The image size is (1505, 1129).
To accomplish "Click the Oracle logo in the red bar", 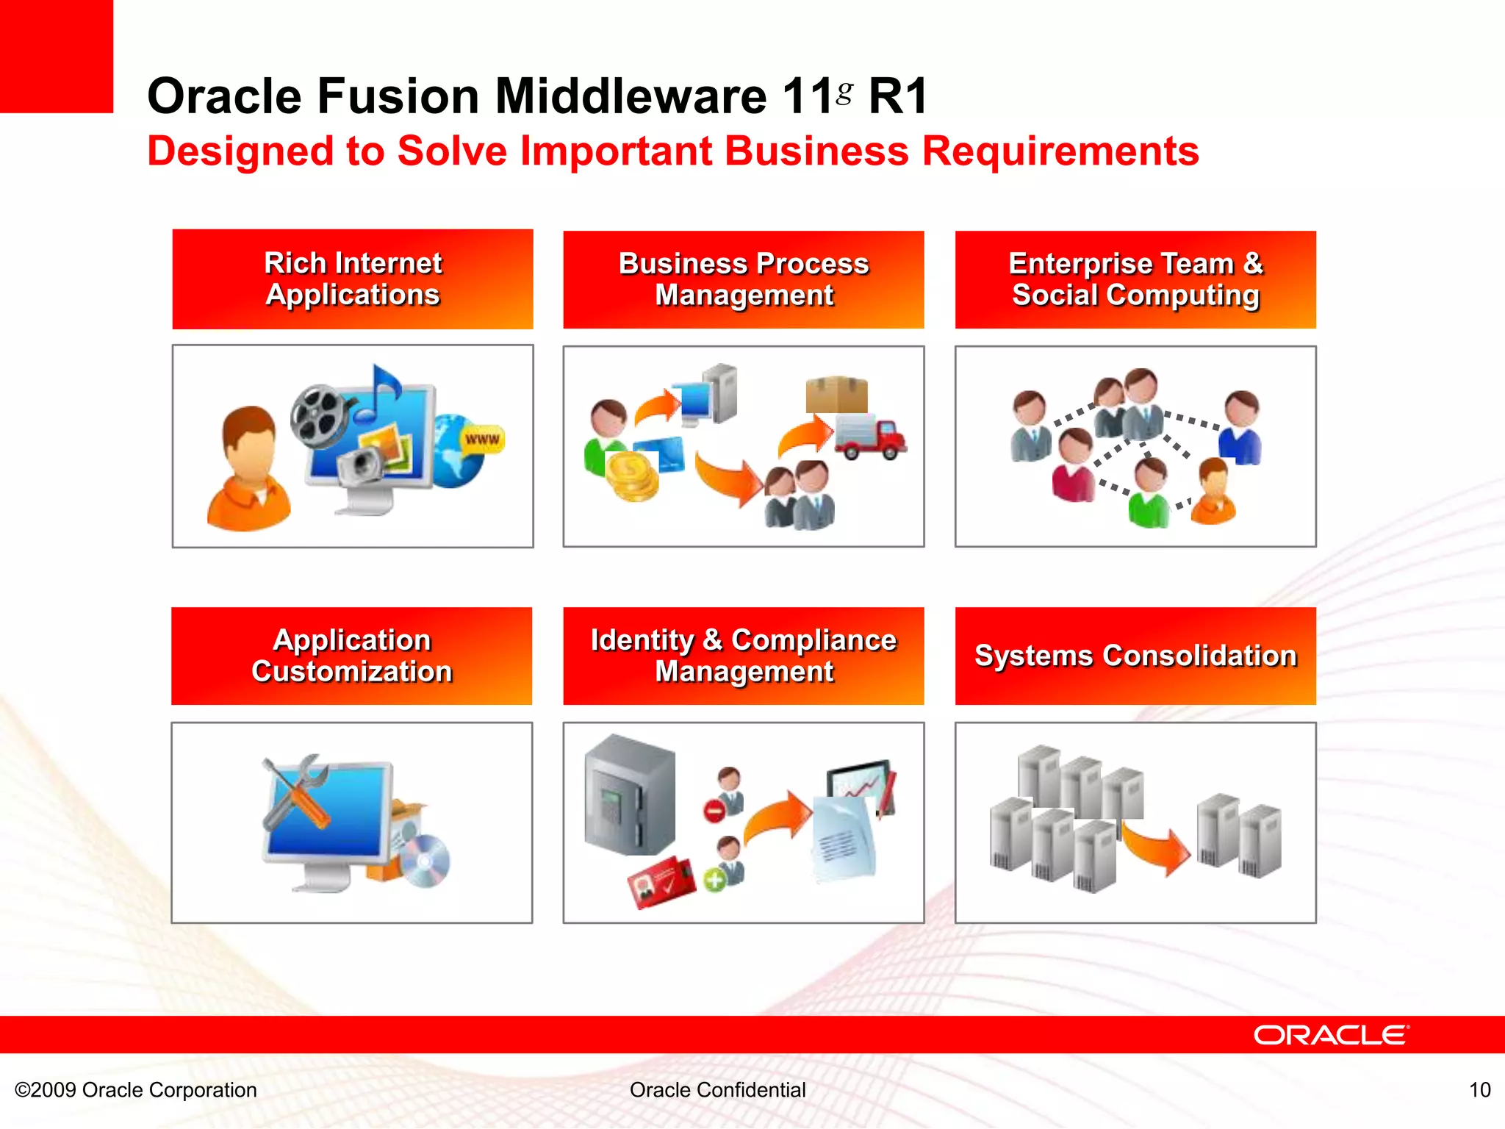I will [1331, 1035].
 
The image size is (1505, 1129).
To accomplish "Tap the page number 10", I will [1479, 1089].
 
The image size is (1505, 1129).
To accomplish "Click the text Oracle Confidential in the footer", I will [717, 1089].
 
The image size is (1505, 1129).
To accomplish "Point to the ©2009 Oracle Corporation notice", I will [136, 1089].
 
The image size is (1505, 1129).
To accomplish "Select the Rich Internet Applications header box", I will [353, 279].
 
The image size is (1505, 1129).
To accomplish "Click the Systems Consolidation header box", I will [1135, 656].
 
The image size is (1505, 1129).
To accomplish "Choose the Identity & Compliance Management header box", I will [744, 656].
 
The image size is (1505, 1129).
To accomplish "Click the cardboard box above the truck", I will [836, 395].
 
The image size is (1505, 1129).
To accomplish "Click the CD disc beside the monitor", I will [426, 861].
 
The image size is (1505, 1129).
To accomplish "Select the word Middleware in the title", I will [631, 96].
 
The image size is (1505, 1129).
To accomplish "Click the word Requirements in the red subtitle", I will [1060, 151].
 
